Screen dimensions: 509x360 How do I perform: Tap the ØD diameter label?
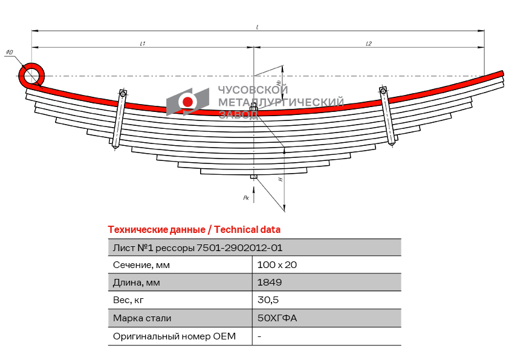pos(10,52)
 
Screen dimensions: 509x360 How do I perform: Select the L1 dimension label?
pos(143,44)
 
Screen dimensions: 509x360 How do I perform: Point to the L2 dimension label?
pos(369,44)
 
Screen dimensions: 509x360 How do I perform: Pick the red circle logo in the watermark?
pos(187,102)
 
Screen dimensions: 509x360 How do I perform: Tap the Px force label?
pos(246,197)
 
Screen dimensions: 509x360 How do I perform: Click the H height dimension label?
pos(280,179)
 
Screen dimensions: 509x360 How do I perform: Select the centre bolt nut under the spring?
pos(254,177)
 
